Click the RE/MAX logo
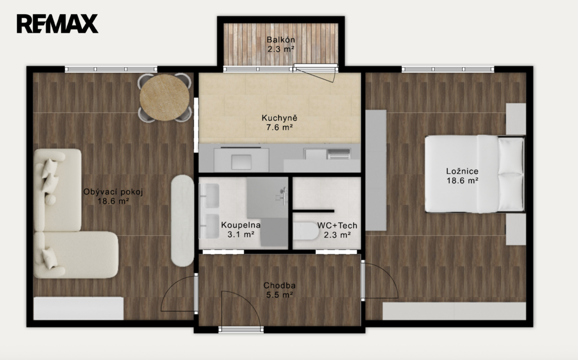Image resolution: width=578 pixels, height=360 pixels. (57, 24)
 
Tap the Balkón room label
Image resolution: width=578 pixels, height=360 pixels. (281, 40)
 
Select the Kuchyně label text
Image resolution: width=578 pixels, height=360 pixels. (279, 118)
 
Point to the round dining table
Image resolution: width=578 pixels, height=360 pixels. (164, 98)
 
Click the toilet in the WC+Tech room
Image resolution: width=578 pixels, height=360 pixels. (306, 231)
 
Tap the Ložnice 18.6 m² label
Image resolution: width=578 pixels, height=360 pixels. (462, 175)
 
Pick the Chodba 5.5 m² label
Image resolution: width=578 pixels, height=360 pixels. (279, 290)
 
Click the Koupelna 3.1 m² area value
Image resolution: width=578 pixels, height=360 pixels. (240, 234)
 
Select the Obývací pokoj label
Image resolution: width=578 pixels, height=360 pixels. (113, 192)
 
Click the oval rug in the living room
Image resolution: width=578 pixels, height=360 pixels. (182, 221)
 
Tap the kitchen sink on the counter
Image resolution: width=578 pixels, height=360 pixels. (242, 162)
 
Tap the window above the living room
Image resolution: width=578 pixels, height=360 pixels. (111, 69)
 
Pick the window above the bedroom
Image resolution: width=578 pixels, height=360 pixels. (448, 69)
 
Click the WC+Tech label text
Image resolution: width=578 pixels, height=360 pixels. (337, 226)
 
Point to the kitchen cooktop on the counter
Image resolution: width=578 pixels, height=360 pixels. (339, 154)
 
